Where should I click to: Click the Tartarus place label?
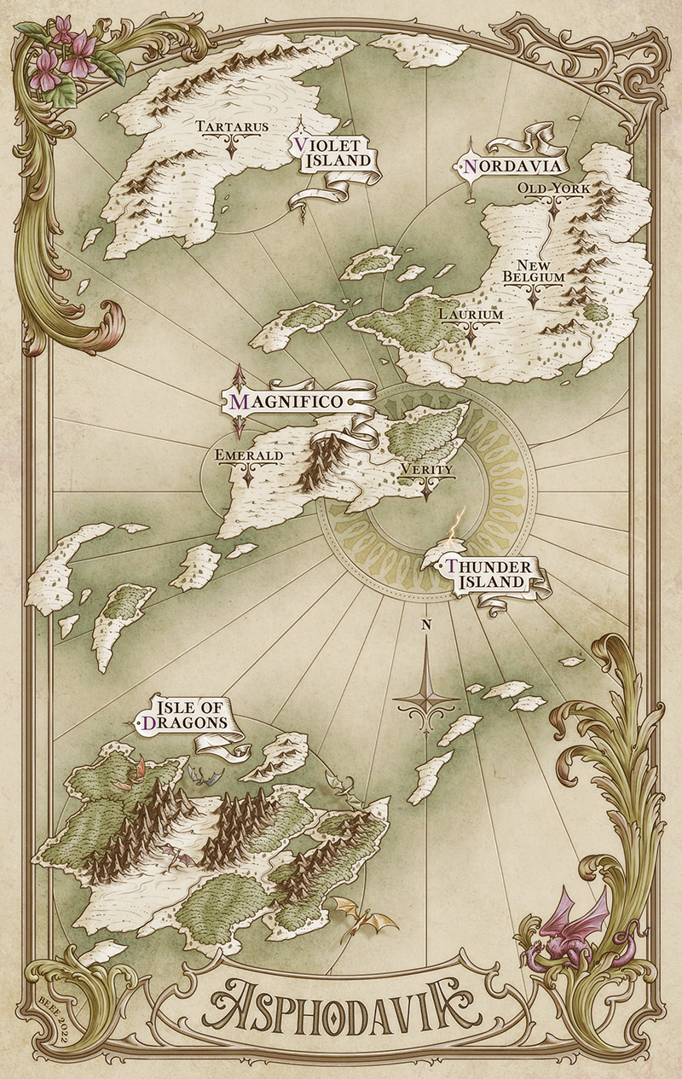(233, 127)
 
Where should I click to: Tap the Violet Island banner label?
(332, 153)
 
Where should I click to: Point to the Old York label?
(553, 188)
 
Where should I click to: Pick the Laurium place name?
(471, 314)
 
